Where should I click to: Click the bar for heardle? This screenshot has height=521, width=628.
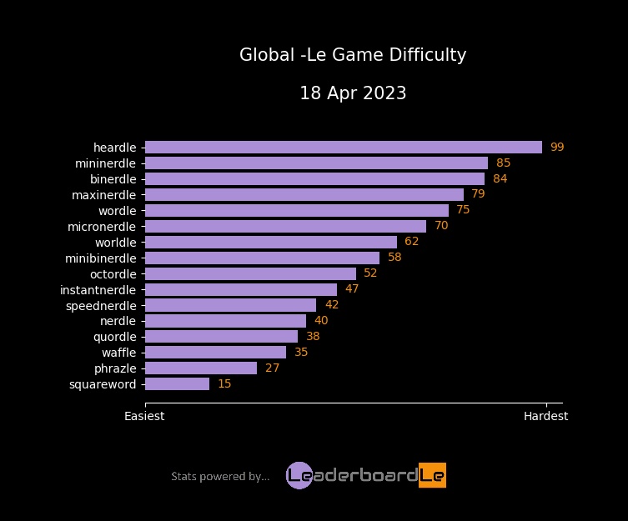(x=343, y=148)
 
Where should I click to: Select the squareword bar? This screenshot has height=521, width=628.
(x=177, y=384)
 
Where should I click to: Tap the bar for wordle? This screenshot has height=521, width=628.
(x=296, y=210)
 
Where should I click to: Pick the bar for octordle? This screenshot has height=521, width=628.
(x=250, y=273)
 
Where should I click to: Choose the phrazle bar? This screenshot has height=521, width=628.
(x=200, y=368)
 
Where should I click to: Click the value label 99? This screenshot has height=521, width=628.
(x=557, y=148)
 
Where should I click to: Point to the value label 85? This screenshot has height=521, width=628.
(x=503, y=163)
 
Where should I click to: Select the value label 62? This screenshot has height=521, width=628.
(x=411, y=242)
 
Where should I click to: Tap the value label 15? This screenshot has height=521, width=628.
(x=224, y=384)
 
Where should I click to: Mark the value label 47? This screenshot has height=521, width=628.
(x=352, y=289)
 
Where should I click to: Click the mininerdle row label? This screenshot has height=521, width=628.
(x=105, y=163)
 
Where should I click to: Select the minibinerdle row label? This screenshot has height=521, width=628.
(x=100, y=258)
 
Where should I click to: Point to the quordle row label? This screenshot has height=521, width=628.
(x=114, y=337)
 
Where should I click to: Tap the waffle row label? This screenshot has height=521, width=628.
(x=118, y=353)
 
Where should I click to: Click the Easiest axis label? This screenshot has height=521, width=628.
(x=144, y=416)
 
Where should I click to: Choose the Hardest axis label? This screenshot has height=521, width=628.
(x=545, y=416)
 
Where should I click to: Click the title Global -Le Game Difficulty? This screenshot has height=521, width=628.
(x=353, y=55)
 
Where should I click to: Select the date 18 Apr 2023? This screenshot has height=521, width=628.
(x=353, y=93)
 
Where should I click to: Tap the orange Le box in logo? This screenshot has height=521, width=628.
(x=432, y=475)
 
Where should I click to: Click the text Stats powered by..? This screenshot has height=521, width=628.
(x=220, y=477)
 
